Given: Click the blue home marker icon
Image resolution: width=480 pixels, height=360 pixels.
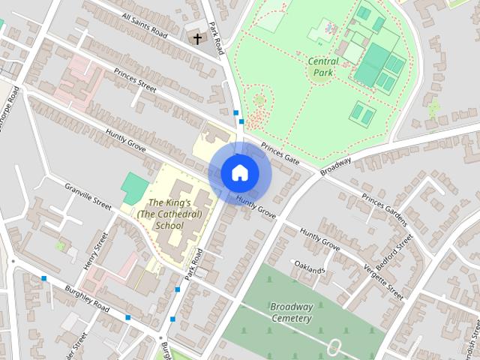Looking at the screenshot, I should tap(239, 172).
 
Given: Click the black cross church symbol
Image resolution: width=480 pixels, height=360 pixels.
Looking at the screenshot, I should tap(198, 38).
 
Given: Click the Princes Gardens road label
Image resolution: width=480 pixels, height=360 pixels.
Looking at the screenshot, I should tap(383, 209).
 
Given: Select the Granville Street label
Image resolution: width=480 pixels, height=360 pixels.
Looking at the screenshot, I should tap(88, 196).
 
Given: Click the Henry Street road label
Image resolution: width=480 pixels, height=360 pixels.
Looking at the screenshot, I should tap(96, 252).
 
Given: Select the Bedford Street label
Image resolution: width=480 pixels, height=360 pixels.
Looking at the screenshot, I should tap(395, 252).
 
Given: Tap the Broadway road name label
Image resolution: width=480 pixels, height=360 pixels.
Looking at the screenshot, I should tap(335, 166).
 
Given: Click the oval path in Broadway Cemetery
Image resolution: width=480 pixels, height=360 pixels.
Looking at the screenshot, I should tap(335, 347).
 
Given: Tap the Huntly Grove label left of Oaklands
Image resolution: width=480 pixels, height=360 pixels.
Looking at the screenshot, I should tap(319, 238).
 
